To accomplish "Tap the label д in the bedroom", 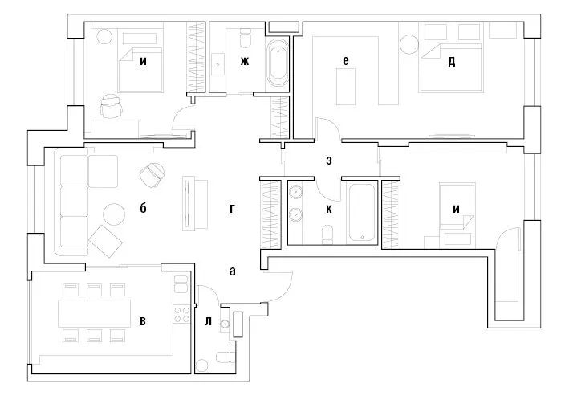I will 452,61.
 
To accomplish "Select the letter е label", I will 344,60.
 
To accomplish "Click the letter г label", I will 231,209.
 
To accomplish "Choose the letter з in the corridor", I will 329,160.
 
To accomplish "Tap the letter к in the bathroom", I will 329,209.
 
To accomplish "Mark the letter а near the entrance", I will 232,271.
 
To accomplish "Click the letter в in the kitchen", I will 143,321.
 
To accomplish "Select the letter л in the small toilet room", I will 208,321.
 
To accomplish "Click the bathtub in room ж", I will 278,63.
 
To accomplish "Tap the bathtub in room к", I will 362,212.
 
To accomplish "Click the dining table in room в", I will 95,312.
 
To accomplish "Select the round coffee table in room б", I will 114,214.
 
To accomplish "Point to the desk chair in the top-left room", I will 112,105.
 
